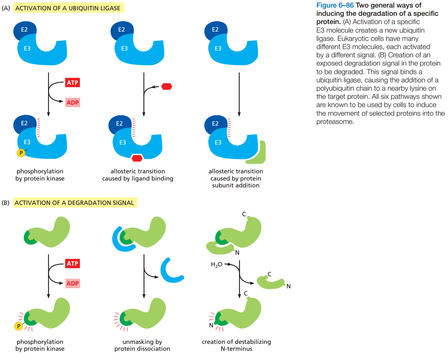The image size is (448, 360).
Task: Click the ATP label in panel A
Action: coord(72,82)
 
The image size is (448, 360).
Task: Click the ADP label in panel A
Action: coord(73,102)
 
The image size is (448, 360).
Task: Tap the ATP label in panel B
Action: coord(72,264)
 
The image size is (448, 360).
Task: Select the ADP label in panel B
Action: coord(73,283)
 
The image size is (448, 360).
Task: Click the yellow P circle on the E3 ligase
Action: coord(21,153)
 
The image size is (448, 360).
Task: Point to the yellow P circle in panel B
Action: coord(19,326)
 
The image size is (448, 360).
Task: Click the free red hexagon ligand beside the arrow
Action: coord(167,86)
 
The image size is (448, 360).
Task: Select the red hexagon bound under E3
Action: coord(137,158)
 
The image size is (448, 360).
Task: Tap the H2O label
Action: coord(216,265)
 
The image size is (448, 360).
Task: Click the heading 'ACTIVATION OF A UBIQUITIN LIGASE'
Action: coord(68,8)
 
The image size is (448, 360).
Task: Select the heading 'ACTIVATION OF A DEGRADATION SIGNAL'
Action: coord(74,203)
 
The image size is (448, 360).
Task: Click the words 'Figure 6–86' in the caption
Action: coord(335,5)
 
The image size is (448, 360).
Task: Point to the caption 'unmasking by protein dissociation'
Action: coord(142,345)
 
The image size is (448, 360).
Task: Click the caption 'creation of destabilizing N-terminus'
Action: coord(236,345)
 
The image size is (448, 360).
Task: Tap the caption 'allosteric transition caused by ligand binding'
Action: coord(138,175)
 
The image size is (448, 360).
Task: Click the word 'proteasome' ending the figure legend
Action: coord(334,122)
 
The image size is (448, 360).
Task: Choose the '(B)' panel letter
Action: coord(5,203)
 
